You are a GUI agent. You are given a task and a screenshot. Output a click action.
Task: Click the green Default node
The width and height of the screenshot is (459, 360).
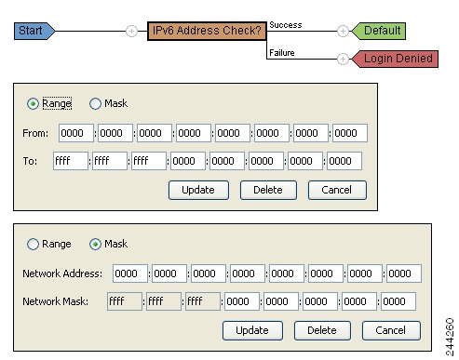380,31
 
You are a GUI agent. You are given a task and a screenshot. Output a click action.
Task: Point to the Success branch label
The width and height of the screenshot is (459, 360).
285,24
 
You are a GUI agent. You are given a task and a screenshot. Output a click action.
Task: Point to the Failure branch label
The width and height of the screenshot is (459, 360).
282,53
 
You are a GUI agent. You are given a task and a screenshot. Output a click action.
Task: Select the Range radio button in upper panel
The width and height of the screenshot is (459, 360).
34,104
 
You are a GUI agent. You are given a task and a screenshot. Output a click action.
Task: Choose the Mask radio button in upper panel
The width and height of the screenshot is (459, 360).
95,104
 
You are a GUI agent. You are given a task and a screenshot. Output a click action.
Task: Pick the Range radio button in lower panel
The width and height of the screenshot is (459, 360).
34,244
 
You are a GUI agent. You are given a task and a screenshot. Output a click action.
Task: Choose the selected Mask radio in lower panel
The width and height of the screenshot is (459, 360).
95,244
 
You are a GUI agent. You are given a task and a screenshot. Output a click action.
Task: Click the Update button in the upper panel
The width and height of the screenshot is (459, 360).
198,190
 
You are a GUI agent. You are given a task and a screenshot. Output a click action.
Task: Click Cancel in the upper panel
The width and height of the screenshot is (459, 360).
337,190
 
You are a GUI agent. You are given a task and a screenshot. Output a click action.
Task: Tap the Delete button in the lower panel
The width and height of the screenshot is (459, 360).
322,330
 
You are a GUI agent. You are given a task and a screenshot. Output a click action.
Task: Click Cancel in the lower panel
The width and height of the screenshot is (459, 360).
391,330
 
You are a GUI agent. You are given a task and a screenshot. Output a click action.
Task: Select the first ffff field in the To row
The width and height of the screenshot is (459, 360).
71,161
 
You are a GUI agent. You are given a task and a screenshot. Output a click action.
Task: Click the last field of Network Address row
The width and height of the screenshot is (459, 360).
404,273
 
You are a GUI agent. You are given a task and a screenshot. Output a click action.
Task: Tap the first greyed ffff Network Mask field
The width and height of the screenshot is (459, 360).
125,301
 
